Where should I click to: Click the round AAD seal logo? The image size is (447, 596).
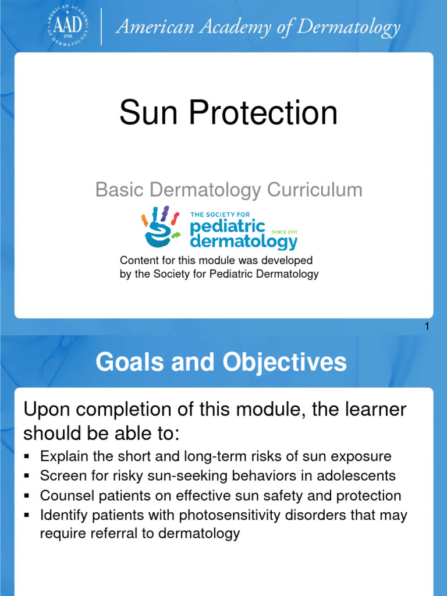coord(67,26)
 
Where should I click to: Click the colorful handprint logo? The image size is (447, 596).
coord(159,228)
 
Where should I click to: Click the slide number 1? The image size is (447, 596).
coord(427,327)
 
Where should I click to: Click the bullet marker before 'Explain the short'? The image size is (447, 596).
coord(27,456)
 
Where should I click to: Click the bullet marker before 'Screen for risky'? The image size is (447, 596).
coord(27,476)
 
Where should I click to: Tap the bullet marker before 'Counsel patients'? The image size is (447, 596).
coord(27,496)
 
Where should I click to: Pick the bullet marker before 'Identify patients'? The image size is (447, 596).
coord(27,516)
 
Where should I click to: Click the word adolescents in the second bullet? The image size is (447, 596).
coord(357,476)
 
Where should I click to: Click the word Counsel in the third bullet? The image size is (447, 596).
coord(62,496)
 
